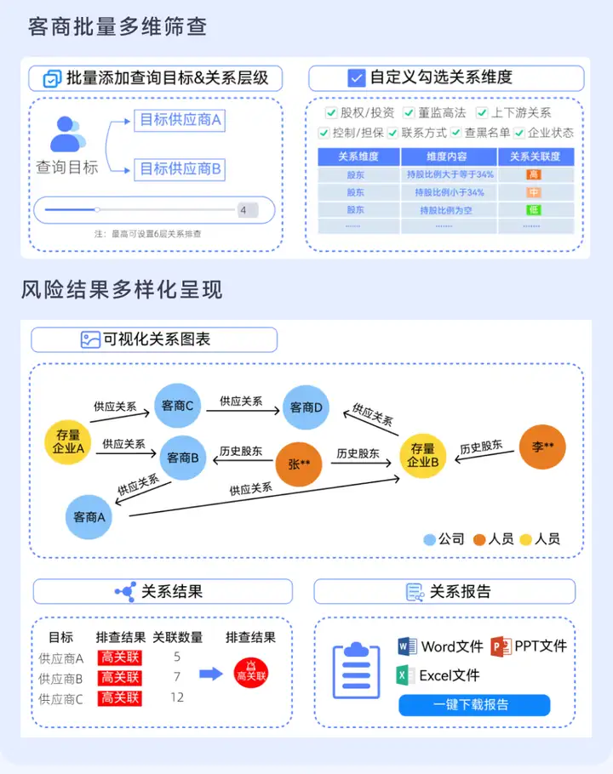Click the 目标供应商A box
[x=180, y=120]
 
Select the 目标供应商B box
[x=180, y=168]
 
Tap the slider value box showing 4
[x=247, y=209]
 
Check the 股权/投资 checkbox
[x=331, y=112]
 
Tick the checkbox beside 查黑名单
[x=456, y=133]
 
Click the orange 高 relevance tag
[x=534, y=174]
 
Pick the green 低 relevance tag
[x=534, y=209]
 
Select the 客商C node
[x=177, y=406]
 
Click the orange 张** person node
[x=299, y=464]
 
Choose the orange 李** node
[x=542, y=447]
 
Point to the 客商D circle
[x=306, y=408]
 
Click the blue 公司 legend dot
[x=430, y=539]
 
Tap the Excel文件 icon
[x=405, y=675]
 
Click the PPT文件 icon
[x=501, y=646]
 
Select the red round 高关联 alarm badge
[x=251, y=672]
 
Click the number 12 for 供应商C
[x=177, y=697]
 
